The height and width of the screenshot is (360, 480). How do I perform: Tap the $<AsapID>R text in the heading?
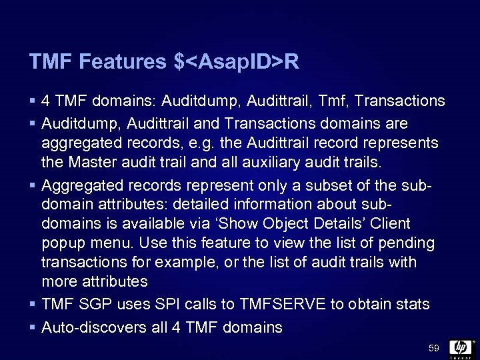click(236, 63)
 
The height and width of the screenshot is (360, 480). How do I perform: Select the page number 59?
click(434, 348)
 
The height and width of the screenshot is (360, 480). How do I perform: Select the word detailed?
click(173, 204)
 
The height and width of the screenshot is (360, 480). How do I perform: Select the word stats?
click(412, 305)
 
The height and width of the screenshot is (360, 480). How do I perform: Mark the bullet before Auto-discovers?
click(32, 327)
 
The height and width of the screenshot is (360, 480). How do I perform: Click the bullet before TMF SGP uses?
click(32, 305)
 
